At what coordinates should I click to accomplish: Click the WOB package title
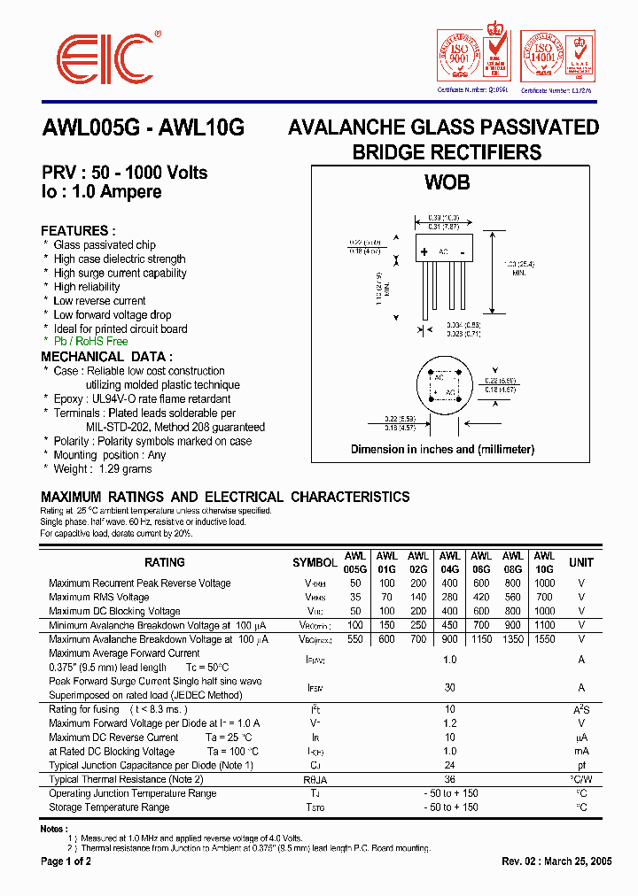pos(447,183)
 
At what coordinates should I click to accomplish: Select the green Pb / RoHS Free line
pos(90,341)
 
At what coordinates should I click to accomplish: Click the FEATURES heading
pos(78,230)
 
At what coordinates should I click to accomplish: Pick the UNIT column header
pos(581,562)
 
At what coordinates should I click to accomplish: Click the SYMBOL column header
pos(315,563)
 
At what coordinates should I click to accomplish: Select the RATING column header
pos(165,562)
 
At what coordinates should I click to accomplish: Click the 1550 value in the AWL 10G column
pos(544,638)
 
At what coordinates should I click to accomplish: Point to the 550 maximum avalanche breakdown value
pos(355,638)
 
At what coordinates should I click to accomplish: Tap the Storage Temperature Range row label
pos(109,807)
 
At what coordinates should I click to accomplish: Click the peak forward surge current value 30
pos(450,687)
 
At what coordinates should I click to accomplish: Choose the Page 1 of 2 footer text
pos(66,861)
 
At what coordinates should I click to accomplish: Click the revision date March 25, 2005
pos(580,861)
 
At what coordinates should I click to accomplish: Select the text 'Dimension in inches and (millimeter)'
pos(442,449)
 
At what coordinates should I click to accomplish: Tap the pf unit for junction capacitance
pos(581,765)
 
